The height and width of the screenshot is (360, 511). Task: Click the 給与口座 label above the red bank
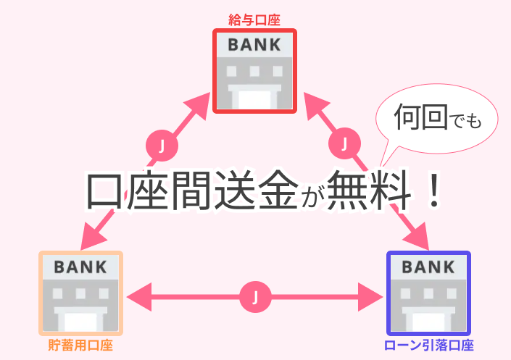(x=254, y=17)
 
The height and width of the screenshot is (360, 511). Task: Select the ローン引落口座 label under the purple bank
(x=428, y=346)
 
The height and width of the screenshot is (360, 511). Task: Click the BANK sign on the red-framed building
(x=254, y=45)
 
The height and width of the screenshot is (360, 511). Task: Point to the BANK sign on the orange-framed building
(x=80, y=267)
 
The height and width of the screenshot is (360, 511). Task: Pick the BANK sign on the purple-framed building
(x=428, y=267)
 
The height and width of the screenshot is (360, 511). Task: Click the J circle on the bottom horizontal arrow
(x=254, y=296)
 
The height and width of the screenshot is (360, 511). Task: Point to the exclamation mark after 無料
(x=433, y=190)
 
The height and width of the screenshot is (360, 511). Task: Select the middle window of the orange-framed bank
(x=80, y=294)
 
